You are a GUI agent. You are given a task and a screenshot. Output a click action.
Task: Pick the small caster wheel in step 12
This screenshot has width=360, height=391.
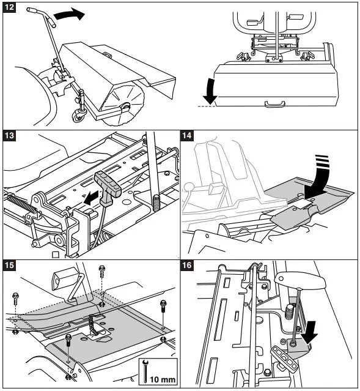click(78, 116)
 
